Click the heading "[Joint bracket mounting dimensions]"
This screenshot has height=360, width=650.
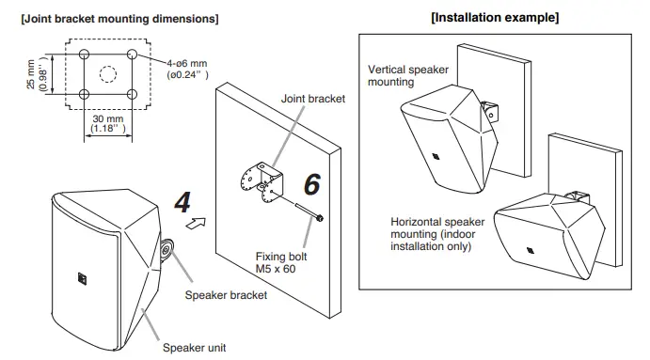click(x=119, y=19)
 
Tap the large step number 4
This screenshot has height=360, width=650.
click(x=183, y=201)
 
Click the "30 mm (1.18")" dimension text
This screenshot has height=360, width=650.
click(x=104, y=123)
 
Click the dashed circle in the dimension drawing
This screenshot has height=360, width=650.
click(x=108, y=72)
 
